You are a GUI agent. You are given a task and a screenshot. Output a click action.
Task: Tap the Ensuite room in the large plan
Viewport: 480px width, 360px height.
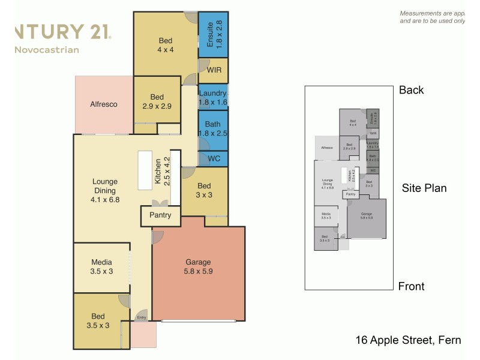213,34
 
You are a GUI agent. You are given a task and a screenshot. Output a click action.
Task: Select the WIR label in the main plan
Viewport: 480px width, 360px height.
213,70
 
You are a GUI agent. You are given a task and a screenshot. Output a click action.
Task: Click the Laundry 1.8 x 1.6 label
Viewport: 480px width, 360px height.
213,97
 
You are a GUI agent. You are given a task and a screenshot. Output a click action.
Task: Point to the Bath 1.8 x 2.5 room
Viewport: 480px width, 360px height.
213,128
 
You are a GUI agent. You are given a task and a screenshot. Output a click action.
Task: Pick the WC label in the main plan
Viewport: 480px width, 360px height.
213,159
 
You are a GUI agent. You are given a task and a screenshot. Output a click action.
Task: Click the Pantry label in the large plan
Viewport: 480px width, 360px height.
160,215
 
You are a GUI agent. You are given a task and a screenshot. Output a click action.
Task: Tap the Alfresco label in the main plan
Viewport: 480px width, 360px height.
103,104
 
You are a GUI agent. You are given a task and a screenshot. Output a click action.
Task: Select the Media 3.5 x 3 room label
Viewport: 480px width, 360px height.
102,266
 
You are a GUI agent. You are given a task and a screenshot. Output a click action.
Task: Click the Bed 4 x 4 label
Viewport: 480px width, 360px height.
166,45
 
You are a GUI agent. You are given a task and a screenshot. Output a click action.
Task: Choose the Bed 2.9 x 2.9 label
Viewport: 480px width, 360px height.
157,101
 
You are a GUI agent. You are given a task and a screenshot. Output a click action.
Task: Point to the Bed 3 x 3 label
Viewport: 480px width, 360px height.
204,190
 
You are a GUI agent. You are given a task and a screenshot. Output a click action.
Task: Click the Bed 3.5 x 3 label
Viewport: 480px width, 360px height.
98,321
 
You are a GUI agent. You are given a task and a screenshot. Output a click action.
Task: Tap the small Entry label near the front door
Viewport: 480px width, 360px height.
142,317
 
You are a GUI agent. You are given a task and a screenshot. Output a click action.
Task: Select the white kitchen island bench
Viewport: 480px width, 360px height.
146,170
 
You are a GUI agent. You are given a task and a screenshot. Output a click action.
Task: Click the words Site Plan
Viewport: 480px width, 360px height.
424,188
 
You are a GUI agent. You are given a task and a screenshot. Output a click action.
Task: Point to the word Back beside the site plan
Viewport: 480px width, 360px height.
411,90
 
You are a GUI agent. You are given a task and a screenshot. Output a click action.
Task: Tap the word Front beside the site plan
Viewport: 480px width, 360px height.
411,286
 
